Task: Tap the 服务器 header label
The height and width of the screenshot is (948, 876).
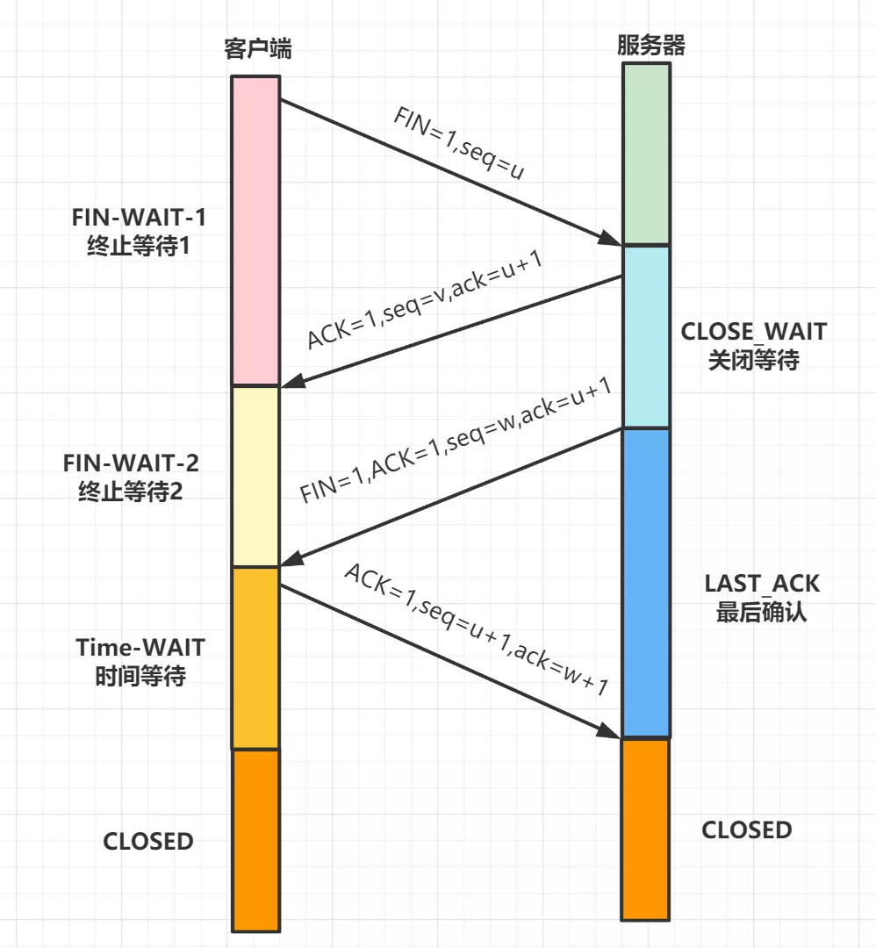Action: pos(650,46)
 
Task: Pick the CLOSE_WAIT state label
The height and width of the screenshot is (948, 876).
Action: pos(753,345)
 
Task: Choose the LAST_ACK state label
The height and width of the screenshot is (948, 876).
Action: pos(762,598)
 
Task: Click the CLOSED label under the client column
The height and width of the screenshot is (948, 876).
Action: pos(148,841)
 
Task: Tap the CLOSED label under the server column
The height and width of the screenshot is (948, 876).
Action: pos(747,829)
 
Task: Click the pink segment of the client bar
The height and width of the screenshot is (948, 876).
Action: pos(255,230)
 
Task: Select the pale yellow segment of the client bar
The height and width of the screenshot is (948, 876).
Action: pos(255,476)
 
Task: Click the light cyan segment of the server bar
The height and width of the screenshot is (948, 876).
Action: pos(646,336)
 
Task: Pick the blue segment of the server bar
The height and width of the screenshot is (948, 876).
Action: pos(646,583)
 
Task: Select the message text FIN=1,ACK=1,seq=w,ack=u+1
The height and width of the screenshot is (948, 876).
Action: pos(455,442)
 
